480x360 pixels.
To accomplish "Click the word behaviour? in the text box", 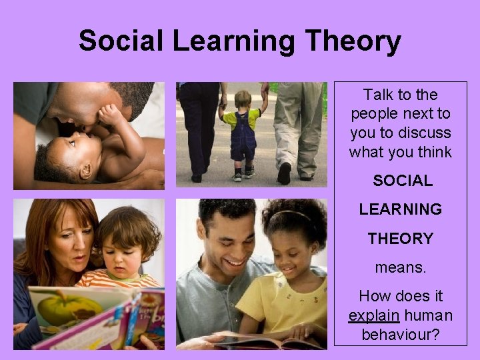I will tap(401, 334).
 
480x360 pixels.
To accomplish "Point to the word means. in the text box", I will tap(401, 267).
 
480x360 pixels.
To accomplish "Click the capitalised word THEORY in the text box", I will tap(401, 238).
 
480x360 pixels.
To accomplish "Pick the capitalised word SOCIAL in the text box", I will tap(402, 181).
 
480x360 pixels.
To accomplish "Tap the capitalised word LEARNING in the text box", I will tap(401, 209).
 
